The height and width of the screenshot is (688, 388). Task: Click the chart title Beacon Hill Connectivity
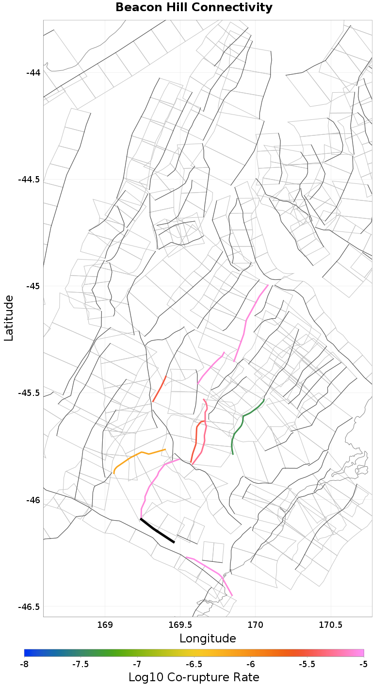194,8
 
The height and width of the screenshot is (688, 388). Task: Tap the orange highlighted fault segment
141,454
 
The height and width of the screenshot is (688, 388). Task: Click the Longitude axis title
208,638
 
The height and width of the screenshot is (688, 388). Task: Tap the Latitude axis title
9,318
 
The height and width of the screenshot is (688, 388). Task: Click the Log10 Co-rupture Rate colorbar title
194,677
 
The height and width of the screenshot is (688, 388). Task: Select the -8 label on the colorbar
24,664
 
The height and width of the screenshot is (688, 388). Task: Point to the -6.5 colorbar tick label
194,664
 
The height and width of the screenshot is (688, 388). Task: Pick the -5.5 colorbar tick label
307,664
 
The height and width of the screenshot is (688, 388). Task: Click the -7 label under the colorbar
137,664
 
